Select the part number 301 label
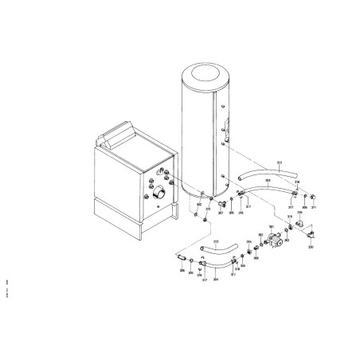272,228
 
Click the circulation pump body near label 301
278,238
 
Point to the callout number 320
311,248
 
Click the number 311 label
314,208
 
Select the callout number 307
221,213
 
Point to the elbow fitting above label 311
313,195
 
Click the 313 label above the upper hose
279,162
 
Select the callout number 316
297,182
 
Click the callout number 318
238,270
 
